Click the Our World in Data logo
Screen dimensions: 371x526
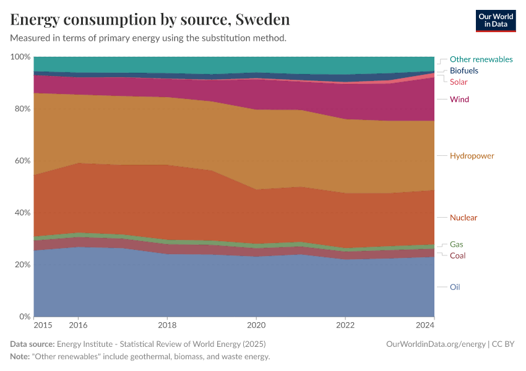495,20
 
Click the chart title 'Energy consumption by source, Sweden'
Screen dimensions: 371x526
150,20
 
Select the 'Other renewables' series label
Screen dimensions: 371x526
481,59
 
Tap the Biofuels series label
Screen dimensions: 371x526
463,70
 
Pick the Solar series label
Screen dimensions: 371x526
459,82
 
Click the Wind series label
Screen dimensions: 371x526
459,100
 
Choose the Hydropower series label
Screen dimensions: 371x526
472,156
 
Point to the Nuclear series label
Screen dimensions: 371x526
463,218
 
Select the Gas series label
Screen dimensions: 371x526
456,244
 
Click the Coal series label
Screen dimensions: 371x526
457,255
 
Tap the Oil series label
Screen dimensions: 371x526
454,287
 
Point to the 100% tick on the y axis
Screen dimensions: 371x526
20,57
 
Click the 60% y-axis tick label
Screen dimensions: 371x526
20,161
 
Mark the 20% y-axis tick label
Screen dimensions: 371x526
20,265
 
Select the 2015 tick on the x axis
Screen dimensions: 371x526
43,325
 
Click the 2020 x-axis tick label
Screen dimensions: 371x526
256,325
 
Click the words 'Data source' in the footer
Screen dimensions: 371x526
32,344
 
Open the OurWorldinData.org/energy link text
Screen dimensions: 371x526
434,344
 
